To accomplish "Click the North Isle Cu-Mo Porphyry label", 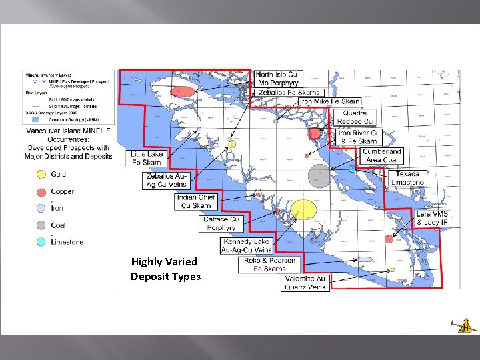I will click(x=279, y=78).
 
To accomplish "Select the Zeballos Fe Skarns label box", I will click(x=289, y=92).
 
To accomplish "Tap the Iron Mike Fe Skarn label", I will click(x=329, y=101).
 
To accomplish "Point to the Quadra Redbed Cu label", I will click(x=355, y=117).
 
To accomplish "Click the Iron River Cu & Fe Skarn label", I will click(x=359, y=137).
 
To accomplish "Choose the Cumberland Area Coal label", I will click(x=382, y=155).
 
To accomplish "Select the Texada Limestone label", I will click(x=407, y=178).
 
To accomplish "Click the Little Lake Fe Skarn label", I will click(x=146, y=158).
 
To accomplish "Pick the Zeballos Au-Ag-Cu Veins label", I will click(x=167, y=180).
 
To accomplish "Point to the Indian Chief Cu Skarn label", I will click(x=196, y=201).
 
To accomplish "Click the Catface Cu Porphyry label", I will click(x=221, y=223).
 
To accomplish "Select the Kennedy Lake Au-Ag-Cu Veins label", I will click(x=247, y=245).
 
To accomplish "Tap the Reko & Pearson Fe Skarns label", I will click(x=269, y=265).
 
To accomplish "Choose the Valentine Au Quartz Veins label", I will click(x=305, y=283).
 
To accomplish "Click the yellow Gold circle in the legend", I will click(x=41, y=175).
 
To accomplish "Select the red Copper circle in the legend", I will click(x=41, y=191).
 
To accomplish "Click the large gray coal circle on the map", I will click(x=320, y=177).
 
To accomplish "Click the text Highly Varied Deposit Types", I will click(x=165, y=269).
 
